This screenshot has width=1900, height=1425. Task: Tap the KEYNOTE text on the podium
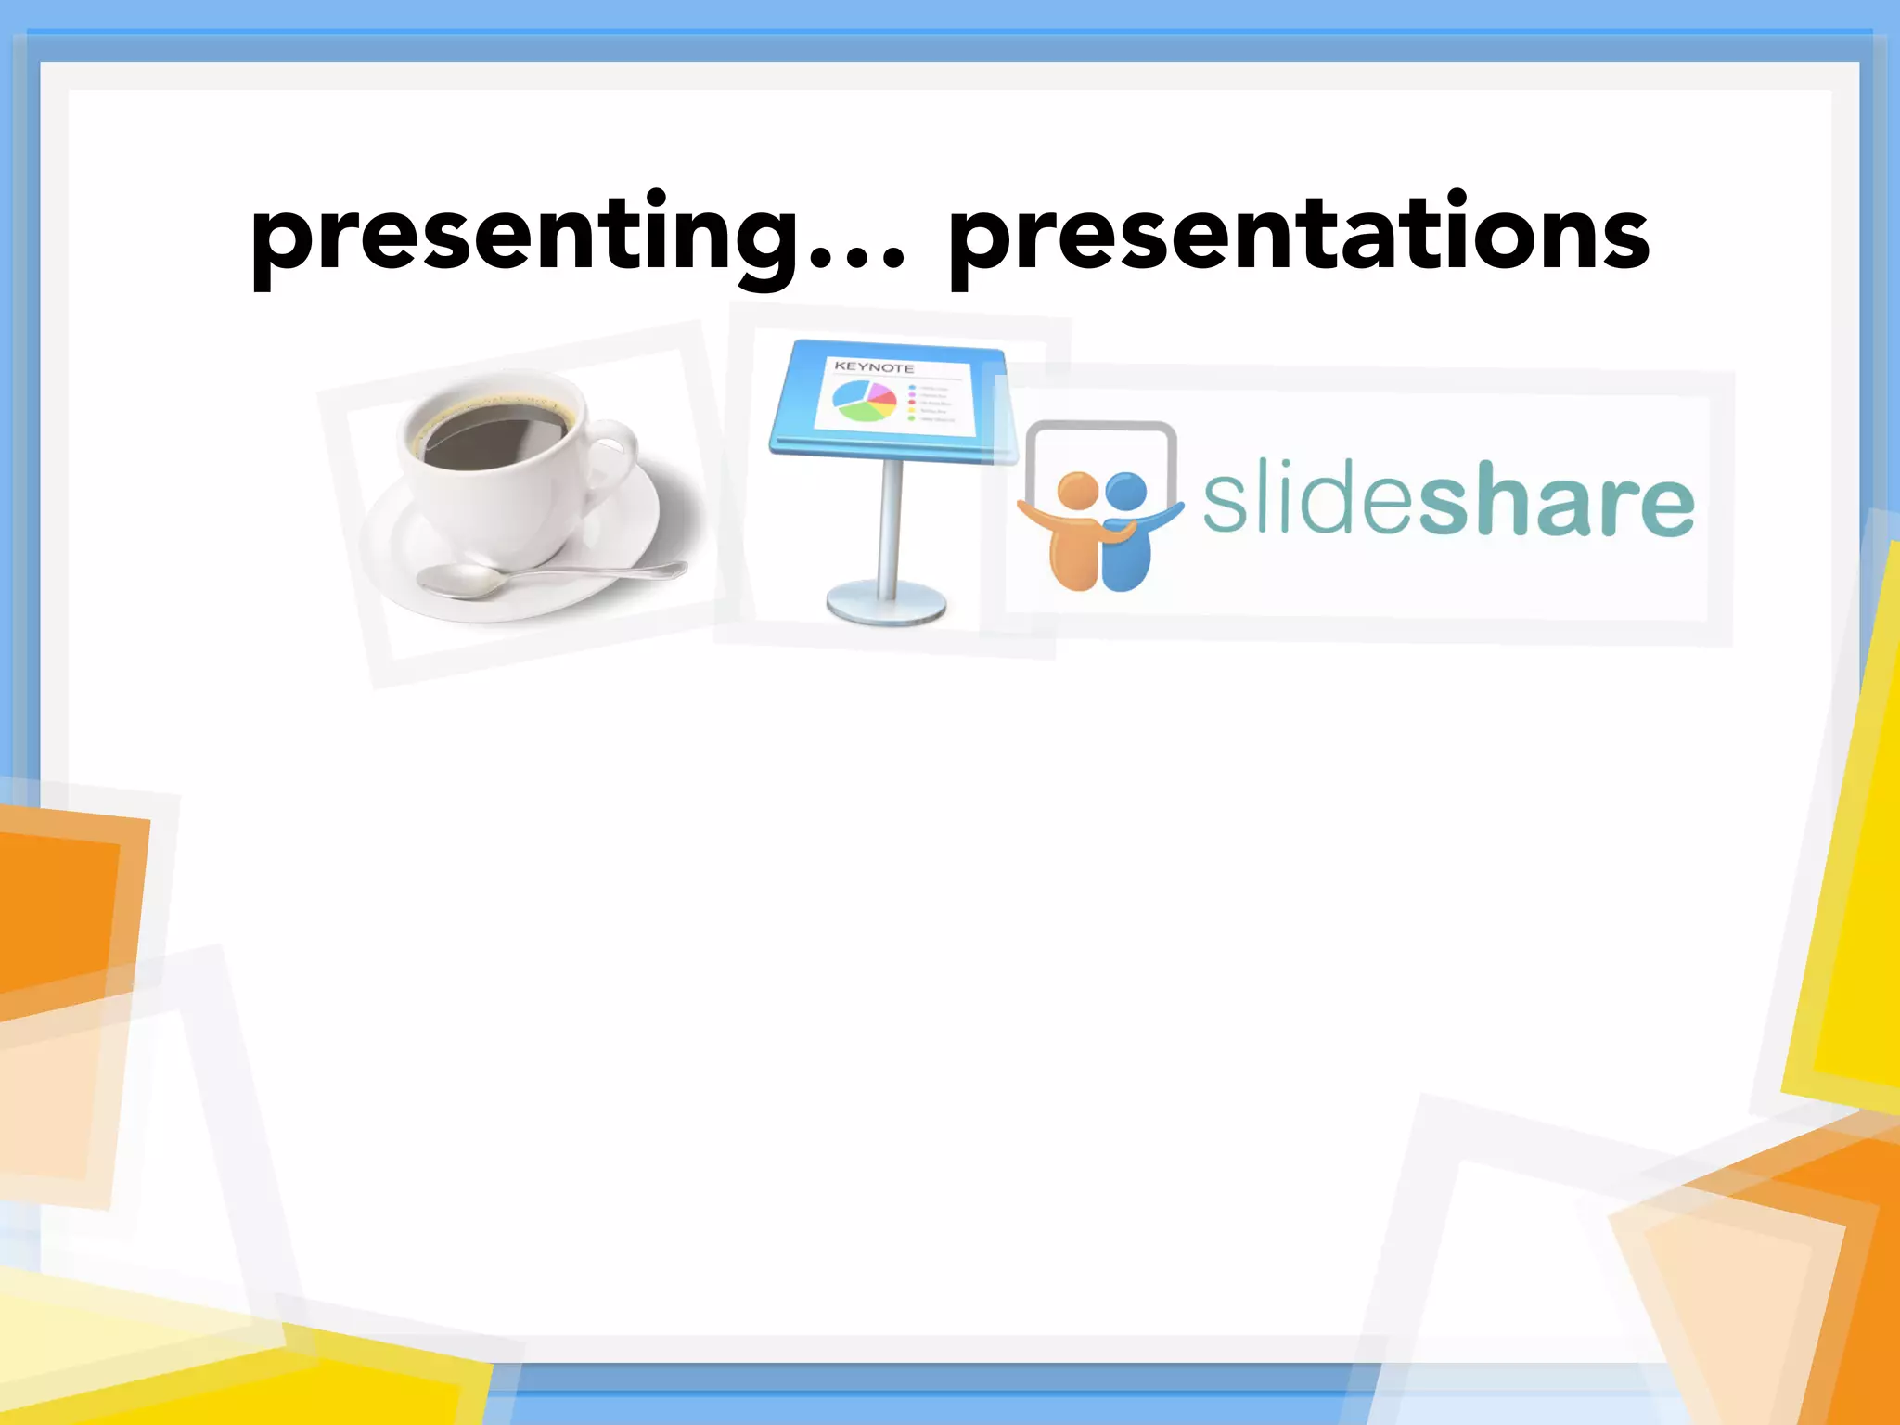[x=873, y=367]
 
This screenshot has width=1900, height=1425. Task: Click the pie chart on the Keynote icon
[x=863, y=401]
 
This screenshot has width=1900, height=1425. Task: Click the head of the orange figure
[x=1077, y=491]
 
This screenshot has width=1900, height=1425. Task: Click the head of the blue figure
[x=1126, y=493]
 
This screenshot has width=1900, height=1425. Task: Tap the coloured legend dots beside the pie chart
[x=912, y=403]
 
